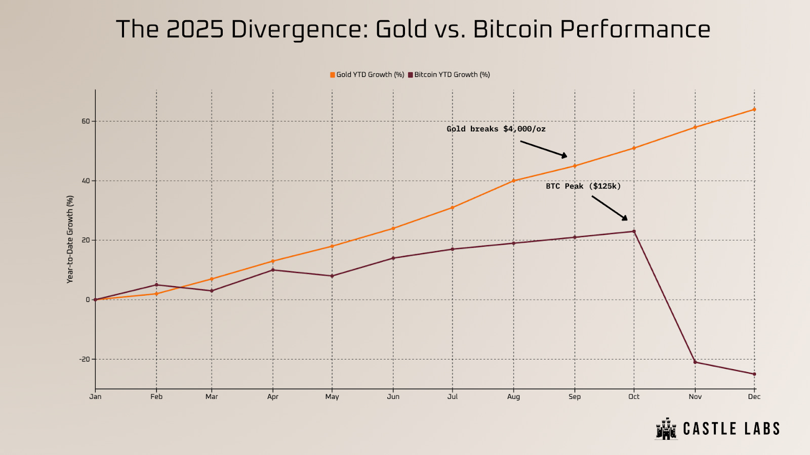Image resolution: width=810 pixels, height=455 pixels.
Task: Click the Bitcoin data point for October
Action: coord(634,232)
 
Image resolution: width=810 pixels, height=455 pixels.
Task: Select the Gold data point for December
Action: coord(754,109)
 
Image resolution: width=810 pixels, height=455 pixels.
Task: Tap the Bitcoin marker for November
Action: coord(695,362)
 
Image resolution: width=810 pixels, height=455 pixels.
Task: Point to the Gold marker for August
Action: coord(513,180)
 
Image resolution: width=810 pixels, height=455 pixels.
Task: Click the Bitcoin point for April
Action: coord(273,270)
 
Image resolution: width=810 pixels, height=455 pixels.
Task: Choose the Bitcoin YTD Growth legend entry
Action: coord(449,75)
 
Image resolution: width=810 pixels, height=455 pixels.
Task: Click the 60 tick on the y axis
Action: coord(86,121)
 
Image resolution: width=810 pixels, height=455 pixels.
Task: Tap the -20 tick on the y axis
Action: coord(84,359)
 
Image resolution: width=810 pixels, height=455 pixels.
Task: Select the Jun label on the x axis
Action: coord(393,397)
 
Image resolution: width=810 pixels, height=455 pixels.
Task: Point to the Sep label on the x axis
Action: coord(575,397)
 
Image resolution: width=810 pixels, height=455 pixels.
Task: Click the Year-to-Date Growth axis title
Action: coord(70,239)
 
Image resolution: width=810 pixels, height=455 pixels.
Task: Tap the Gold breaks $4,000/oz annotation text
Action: coord(496,129)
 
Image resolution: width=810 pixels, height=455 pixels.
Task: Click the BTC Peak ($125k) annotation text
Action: coord(583,186)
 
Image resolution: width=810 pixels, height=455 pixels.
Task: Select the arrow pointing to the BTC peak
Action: coord(610,208)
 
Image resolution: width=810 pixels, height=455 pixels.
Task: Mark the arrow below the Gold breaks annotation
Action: coord(544,149)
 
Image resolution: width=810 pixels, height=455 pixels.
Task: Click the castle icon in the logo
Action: coord(666,429)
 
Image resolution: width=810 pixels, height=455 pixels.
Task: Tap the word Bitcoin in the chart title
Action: coord(512,29)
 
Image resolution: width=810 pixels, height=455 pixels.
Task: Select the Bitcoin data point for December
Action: coord(754,374)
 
